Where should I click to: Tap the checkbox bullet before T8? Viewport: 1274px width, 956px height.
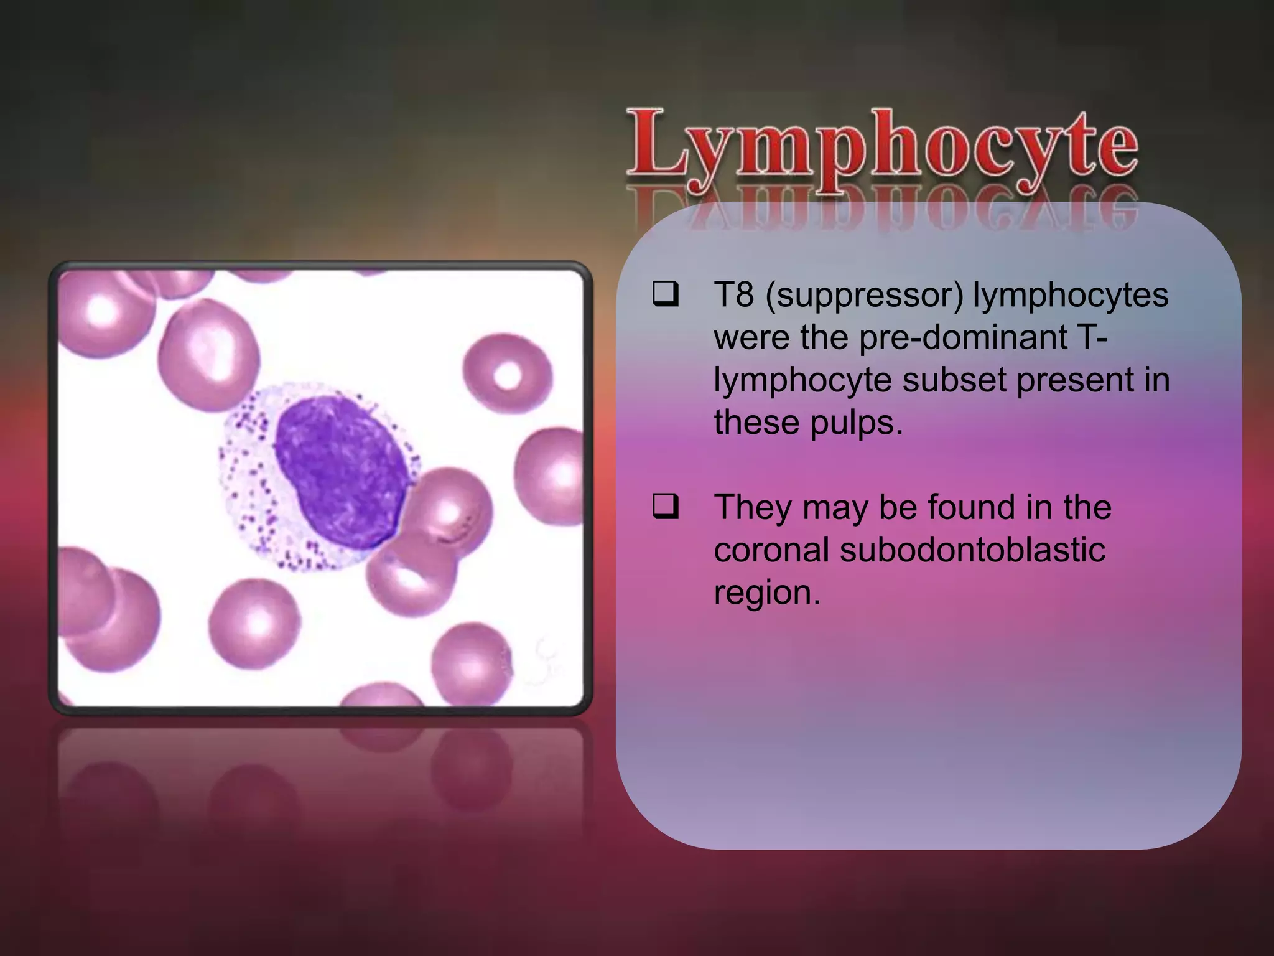coord(665,294)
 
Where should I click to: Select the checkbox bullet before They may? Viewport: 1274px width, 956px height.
coord(665,507)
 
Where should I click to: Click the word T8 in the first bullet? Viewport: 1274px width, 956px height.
coord(734,294)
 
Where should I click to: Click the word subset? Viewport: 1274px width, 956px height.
coord(954,380)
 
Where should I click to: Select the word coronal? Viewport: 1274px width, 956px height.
coord(771,550)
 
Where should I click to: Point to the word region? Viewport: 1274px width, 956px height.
coord(767,593)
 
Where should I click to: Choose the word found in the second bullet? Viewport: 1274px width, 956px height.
coord(971,507)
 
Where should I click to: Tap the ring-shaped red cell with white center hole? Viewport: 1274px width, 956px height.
coord(507,374)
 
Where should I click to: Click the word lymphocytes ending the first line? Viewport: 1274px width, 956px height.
coord(1071,294)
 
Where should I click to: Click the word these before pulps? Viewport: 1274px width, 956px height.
coord(756,423)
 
